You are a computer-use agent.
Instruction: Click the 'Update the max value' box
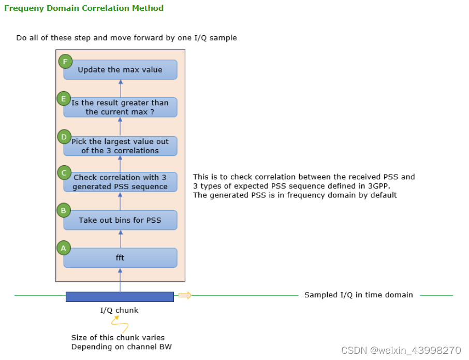[x=120, y=69]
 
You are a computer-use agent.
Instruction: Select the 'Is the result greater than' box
[x=120, y=107]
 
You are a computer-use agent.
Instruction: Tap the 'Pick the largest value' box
[x=120, y=146]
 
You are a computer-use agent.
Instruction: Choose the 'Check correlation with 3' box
[x=120, y=182]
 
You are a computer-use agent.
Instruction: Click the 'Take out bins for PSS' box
[x=120, y=220]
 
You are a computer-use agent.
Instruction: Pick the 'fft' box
[x=120, y=257]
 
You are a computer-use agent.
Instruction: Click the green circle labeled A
[x=64, y=248]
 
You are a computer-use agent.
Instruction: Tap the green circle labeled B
[x=64, y=210]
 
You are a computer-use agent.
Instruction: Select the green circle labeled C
[x=64, y=173]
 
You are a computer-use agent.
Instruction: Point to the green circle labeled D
[x=64, y=137]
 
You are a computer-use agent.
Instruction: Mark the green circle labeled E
[x=64, y=98]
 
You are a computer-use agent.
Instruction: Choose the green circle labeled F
[x=65, y=62]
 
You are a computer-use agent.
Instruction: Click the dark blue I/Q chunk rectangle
[x=120, y=296]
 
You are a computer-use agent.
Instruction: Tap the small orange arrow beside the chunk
[x=185, y=296]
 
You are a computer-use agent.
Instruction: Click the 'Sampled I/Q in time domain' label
[x=358, y=295]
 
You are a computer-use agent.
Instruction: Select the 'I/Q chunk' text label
[x=119, y=310]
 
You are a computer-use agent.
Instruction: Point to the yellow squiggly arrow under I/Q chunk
[x=121, y=325]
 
